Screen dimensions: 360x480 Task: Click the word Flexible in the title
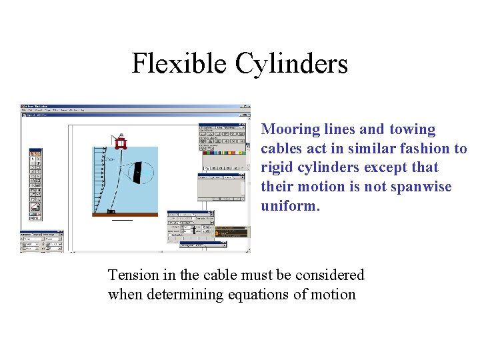click(x=179, y=64)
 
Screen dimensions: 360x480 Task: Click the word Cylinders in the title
click(x=291, y=64)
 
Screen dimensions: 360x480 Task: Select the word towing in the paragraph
click(x=412, y=129)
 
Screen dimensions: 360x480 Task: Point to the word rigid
click(x=279, y=168)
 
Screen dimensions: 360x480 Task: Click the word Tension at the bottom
click(x=133, y=275)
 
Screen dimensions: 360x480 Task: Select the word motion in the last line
click(x=334, y=294)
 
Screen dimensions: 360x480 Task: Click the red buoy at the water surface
click(x=121, y=142)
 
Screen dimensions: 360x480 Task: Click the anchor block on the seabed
click(x=111, y=211)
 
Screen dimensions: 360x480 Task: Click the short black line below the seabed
click(x=122, y=220)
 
